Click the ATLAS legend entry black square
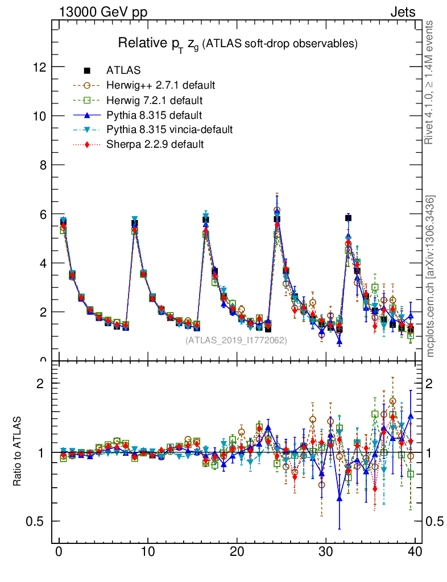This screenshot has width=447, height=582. [x=87, y=70]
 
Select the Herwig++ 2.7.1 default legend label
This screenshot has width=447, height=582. [x=160, y=85]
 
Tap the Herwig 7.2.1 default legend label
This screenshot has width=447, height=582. [x=155, y=100]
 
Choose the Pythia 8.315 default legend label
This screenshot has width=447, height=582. [x=154, y=115]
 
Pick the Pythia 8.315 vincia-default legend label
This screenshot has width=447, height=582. [x=169, y=130]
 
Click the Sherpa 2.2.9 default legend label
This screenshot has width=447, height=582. [x=155, y=144]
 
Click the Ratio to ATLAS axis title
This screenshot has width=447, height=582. [x=18, y=452]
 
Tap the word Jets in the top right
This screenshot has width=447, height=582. [x=403, y=12]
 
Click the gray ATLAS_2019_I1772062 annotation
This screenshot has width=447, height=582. [x=236, y=340]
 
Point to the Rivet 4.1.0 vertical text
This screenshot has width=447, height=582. [x=430, y=82]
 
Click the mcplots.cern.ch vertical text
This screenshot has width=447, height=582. [x=431, y=276]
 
